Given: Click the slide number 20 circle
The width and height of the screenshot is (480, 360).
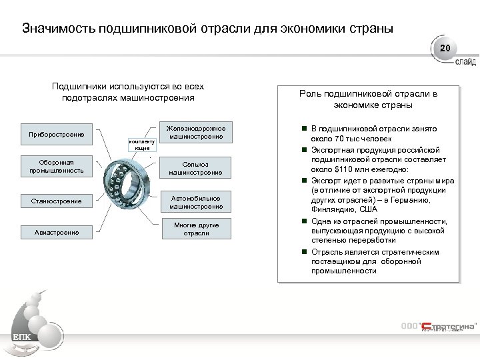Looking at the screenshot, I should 445,49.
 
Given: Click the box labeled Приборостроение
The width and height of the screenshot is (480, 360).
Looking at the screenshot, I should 56,135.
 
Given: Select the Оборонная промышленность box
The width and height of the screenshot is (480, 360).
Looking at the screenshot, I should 56,166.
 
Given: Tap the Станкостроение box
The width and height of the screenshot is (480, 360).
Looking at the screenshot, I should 56,201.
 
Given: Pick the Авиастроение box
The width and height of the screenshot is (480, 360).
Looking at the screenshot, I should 56,233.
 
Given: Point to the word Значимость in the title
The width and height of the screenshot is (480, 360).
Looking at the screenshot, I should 58,29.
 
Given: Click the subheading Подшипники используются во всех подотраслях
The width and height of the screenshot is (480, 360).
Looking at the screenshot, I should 127,92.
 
